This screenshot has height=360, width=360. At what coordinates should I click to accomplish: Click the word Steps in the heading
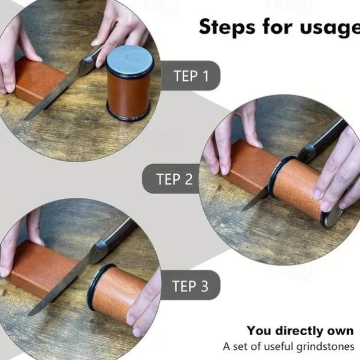tap(227, 27)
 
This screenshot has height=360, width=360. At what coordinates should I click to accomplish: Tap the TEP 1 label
tap(191, 76)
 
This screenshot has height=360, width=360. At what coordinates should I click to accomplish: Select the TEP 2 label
tap(174, 179)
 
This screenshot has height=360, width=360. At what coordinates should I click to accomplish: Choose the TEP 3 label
tap(190, 286)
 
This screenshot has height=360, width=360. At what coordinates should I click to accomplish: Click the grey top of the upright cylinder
tap(130, 60)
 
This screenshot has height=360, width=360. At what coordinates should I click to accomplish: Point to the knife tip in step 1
tap(25, 119)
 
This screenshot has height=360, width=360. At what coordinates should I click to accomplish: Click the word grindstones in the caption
tap(325, 346)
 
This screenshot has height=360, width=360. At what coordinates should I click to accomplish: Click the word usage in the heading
tap(330, 28)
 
